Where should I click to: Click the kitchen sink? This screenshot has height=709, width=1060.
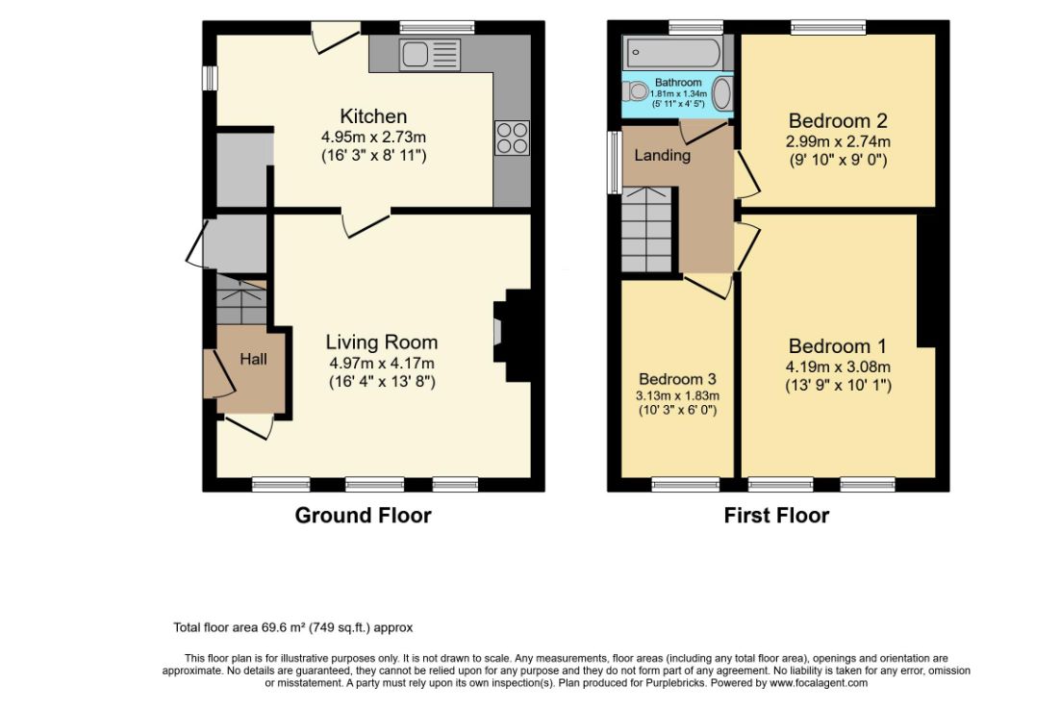pyautogui.click(x=430, y=54)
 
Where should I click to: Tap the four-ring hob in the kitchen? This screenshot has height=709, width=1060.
pyautogui.click(x=512, y=138)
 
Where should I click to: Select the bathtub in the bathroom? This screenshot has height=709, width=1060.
pyautogui.click(x=674, y=52)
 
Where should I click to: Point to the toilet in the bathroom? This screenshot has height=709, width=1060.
pyautogui.click(x=636, y=90)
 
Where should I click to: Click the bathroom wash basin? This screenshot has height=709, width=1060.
pyautogui.click(x=721, y=93)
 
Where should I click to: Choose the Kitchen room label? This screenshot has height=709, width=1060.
pyautogui.click(x=373, y=116)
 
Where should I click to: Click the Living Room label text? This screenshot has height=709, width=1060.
pyautogui.click(x=381, y=342)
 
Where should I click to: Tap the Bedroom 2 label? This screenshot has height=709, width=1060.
pyautogui.click(x=838, y=121)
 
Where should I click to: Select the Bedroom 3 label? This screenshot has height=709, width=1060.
pyautogui.click(x=677, y=379)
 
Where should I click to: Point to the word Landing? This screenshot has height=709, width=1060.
pyautogui.click(x=662, y=156)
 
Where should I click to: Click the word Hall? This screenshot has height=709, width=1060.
pyautogui.click(x=253, y=359)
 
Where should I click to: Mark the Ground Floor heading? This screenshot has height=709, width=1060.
pyautogui.click(x=363, y=516)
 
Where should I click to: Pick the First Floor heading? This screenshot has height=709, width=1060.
pyautogui.click(x=776, y=516)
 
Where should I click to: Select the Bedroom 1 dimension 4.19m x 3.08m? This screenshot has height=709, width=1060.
pyautogui.click(x=838, y=367)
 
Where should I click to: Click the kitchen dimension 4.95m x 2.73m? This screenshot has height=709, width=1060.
pyautogui.click(x=373, y=138)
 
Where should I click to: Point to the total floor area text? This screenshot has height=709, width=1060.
pyautogui.click(x=292, y=627)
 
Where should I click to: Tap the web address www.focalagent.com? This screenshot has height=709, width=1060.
pyautogui.click(x=819, y=683)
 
